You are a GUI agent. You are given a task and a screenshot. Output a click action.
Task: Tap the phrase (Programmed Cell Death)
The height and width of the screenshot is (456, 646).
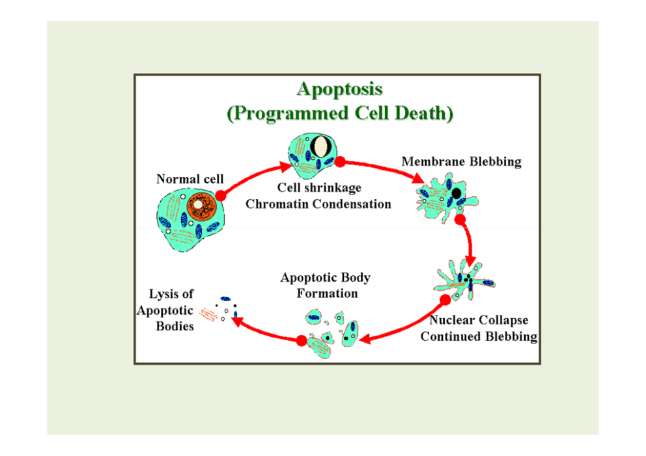[339, 113]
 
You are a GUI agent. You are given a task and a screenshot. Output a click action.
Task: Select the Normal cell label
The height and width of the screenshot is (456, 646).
[190, 179]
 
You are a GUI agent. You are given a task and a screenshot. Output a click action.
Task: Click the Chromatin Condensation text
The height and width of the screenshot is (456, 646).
[318, 204]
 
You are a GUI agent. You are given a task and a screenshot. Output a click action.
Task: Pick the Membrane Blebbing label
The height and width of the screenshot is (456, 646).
[461, 161]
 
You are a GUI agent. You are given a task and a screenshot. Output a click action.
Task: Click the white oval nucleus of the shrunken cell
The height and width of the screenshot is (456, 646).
[319, 146]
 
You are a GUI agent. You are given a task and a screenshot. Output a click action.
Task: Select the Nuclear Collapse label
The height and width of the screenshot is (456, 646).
[479, 320]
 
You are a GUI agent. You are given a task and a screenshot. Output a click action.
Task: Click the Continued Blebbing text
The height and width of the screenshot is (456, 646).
[479, 336]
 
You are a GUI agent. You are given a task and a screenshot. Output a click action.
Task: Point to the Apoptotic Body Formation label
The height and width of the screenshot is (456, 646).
[326, 285]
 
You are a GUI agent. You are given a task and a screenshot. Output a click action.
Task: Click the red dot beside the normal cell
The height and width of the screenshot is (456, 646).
[220, 195]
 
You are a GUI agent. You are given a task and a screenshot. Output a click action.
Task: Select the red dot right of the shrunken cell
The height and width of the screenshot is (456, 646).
[339, 161]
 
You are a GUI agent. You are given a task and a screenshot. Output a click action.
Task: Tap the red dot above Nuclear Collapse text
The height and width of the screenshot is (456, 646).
[445, 300]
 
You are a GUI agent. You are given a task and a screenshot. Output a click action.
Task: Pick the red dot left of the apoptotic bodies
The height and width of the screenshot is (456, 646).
[302, 340]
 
